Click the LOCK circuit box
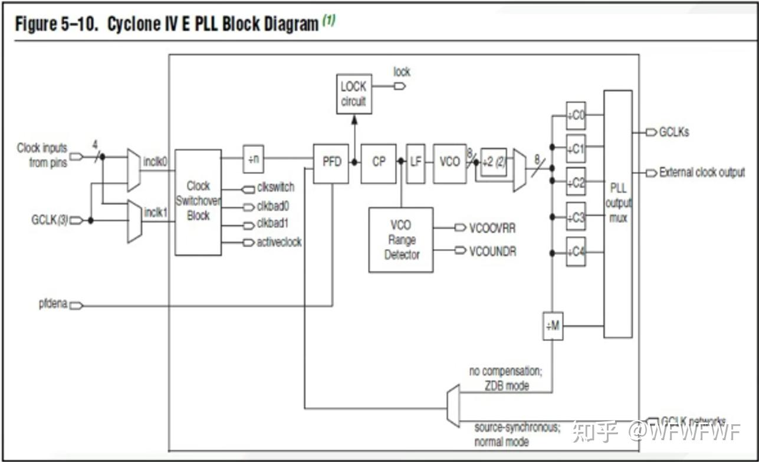pos(353,94)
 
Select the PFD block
pos(331,162)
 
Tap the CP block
pos(378,162)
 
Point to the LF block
pos(415,162)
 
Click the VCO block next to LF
pos(449,162)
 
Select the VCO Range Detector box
pos(400,240)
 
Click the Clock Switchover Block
pos(198,202)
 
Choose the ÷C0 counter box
pos(576,115)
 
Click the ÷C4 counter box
pos(576,252)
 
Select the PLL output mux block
pos(618,214)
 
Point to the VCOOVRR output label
pos(492,228)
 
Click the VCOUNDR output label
pos(492,251)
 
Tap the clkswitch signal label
pos(275,188)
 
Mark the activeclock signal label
pos(279,242)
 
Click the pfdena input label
pos(53,305)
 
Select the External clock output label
pos(702,173)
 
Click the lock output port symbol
pos(400,86)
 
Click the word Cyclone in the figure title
pos(133,25)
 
